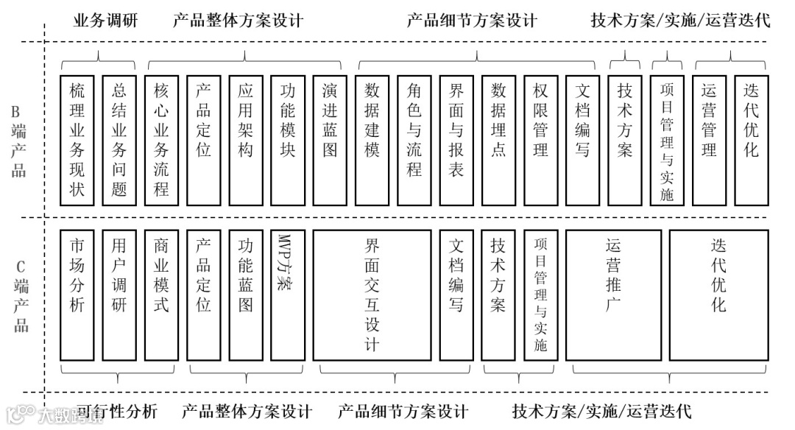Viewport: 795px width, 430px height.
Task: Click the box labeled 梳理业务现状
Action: coord(77,140)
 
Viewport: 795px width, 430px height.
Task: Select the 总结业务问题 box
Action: coord(119,140)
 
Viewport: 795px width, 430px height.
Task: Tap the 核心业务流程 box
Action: coord(161,140)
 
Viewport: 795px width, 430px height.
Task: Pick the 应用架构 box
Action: coord(246,140)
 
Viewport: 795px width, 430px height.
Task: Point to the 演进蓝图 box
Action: coord(330,140)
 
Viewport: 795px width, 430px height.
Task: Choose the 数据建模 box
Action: coord(372,140)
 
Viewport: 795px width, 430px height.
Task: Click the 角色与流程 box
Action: coord(414,140)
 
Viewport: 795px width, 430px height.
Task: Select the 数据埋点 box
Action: coord(499,140)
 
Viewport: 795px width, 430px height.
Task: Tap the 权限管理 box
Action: coord(541,140)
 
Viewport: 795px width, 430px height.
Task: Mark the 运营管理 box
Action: coord(710,140)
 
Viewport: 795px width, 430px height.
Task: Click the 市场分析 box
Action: coord(77,295)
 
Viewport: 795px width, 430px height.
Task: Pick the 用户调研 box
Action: coord(119,295)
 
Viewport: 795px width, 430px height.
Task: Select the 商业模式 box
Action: coord(161,295)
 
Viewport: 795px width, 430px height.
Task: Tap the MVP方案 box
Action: coord(287,295)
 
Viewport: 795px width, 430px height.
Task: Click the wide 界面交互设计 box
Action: coord(372,295)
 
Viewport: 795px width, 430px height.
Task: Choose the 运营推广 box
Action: coord(613,295)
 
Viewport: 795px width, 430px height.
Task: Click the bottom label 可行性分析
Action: coord(118,411)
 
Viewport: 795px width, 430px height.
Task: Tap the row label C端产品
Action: coord(21,295)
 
